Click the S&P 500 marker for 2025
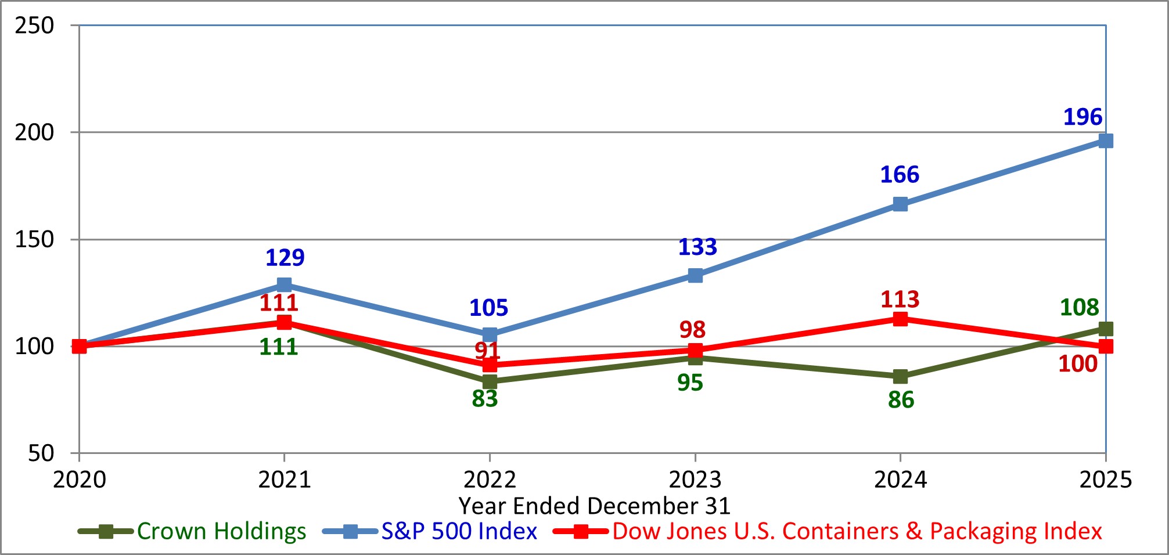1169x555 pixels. click(1105, 141)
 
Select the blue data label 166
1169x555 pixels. click(900, 175)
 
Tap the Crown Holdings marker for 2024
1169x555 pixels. click(900, 377)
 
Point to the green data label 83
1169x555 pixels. click(485, 399)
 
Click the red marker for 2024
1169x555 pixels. click(900, 319)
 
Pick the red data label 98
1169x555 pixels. click(692, 330)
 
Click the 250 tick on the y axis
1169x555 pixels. click(34, 26)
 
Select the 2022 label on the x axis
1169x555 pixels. click(490, 480)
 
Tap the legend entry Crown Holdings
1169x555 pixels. click(221, 531)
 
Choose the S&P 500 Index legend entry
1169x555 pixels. click(459, 531)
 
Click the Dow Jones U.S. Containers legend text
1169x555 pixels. click(857, 531)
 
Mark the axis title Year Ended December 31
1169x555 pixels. click(594, 506)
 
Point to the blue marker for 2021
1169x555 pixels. click(284, 284)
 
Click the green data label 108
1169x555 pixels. click(1079, 308)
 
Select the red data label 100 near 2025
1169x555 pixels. click(1077, 364)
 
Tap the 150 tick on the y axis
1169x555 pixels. click(34, 239)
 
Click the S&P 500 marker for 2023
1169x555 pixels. click(695, 275)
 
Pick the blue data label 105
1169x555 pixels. click(488, 308)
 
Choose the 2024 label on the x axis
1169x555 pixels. click(900, 480)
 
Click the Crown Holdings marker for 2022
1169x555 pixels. click(490, 381)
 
